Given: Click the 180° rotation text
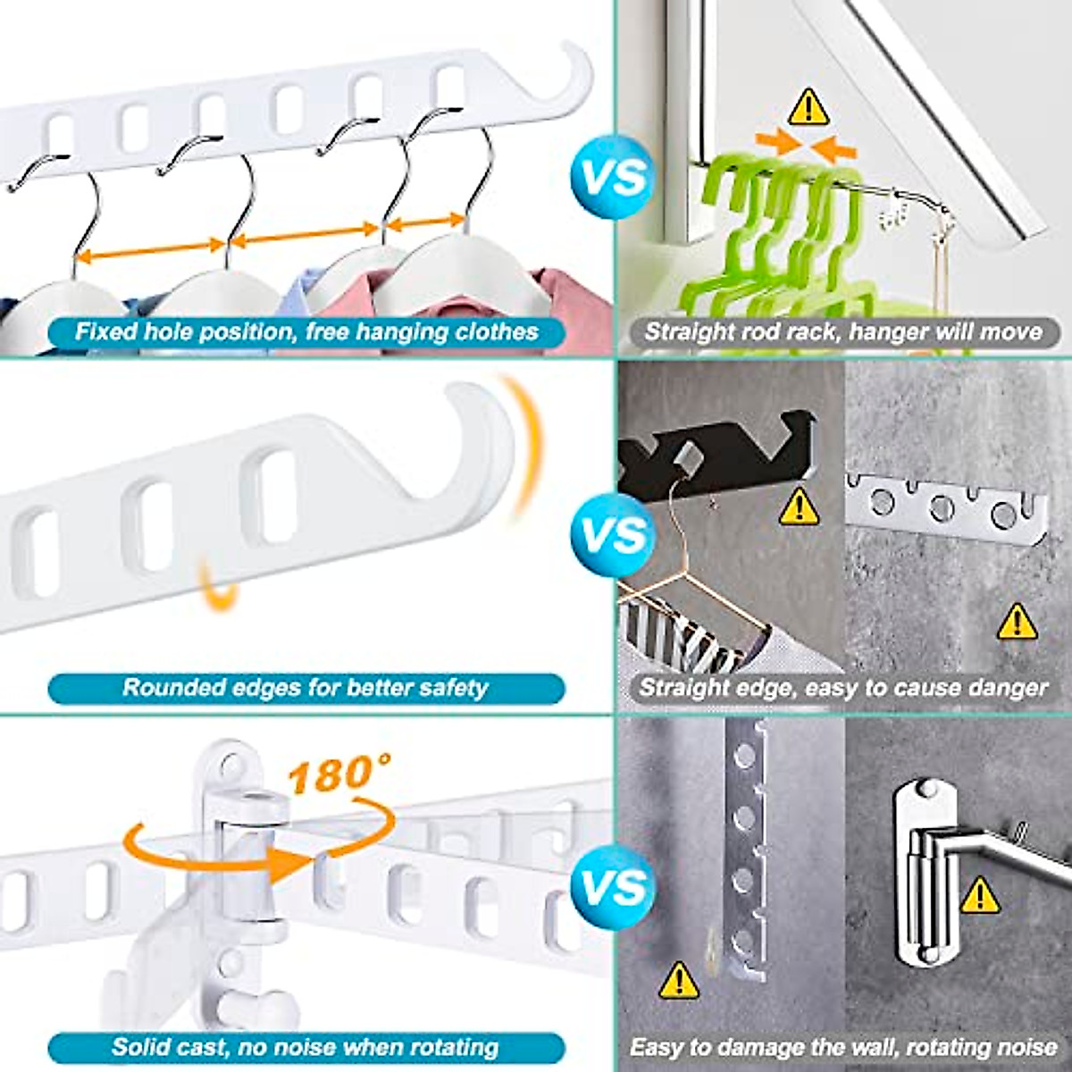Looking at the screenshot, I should click(339, 774).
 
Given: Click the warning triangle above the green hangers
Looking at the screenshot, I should click(808, 106).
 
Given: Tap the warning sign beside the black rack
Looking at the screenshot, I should click(800, 507).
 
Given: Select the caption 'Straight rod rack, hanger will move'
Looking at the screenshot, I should click(843, 332).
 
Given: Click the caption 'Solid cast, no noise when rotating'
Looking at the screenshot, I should click(306, 1047).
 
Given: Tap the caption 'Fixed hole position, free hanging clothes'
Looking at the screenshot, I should click(306, 332).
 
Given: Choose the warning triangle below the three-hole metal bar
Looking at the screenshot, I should click(1017, 621).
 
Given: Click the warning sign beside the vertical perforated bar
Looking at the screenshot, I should click(679, 980).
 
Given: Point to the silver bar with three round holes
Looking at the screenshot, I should click(944, 509).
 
